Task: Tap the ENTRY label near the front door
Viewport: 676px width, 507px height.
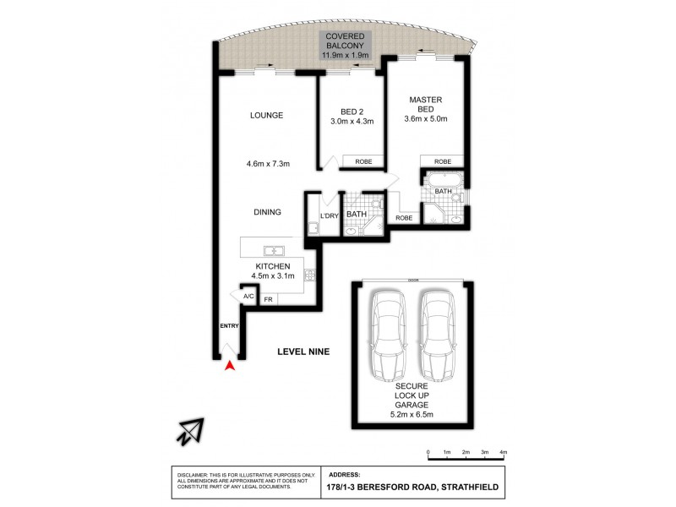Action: coord(229,325)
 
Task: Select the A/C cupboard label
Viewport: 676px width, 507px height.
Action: coord(248,297)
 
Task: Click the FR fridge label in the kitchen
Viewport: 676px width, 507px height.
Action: coord(268,299)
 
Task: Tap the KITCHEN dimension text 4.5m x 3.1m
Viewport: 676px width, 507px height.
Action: coord(272,276)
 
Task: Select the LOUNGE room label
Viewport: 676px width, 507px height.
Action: coord(265,116)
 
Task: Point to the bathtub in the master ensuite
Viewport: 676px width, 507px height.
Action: coord(440,179)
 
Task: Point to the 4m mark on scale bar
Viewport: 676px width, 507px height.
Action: coord(504,453)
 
